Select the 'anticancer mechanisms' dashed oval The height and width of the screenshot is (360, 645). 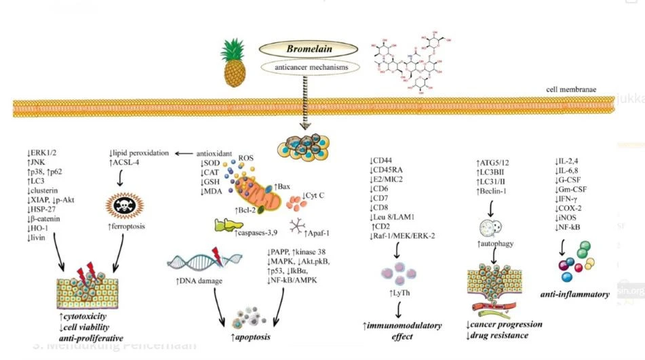311,68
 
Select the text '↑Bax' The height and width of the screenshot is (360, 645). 283,185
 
